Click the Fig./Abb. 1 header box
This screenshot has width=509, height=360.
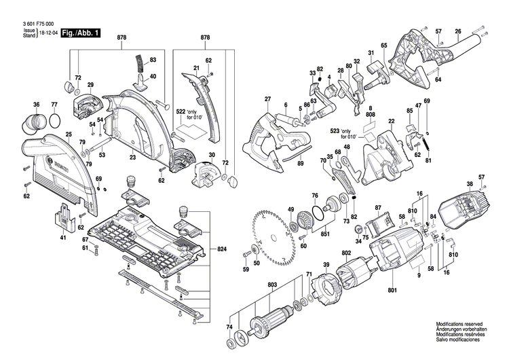[x=79, y=33]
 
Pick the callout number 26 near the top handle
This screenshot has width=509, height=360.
[x=458, y=31]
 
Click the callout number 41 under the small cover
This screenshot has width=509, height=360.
[x=63, y=238]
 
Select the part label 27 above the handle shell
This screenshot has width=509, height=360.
[x=267, y=100]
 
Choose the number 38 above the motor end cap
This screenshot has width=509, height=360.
[x=469, y=183]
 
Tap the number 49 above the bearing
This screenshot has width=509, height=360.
[x=290, y=209]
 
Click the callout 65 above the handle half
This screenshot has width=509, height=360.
[x=383, y=46]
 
